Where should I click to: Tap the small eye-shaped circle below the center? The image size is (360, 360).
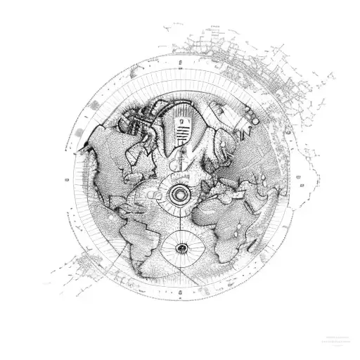[181, 247]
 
